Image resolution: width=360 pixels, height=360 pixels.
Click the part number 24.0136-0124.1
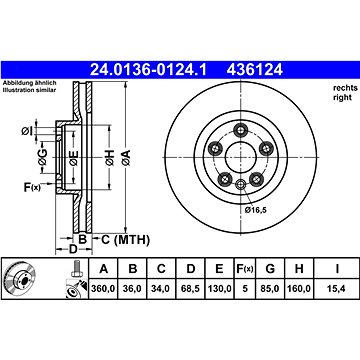(149, 70)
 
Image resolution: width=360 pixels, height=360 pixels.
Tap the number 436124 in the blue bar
(255, 70)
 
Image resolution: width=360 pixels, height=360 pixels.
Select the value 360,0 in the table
(103, 288)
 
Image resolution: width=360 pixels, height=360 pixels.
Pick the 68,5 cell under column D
(190, 288)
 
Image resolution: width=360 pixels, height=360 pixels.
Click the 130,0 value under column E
(219, 288)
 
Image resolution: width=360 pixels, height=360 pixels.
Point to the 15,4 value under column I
(337, 288)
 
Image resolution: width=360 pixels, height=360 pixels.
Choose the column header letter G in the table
(270, 268)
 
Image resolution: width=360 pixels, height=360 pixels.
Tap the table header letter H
(299, 268)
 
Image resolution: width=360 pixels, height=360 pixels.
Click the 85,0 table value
(270, 288)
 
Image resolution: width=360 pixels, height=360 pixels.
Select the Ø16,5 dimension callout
(256, 210)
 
